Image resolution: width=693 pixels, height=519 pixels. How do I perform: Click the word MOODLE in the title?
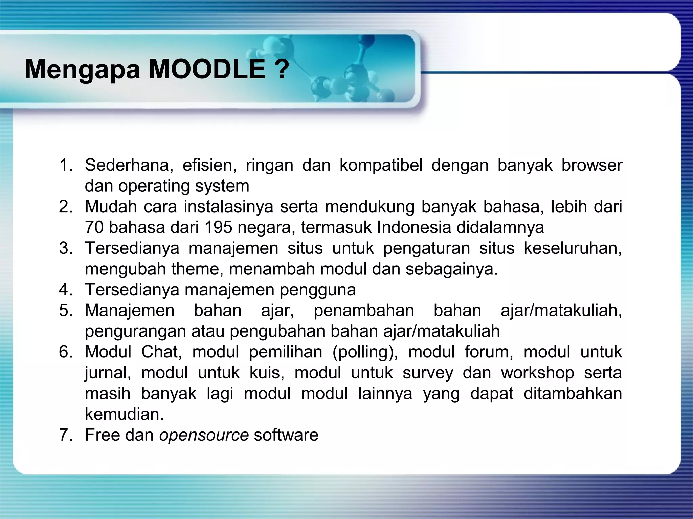207,69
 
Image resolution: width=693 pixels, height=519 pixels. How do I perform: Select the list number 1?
66,165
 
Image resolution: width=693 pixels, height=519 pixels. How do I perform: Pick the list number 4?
66,290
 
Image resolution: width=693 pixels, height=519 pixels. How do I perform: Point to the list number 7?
66,435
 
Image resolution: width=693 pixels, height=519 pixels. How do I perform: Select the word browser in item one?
591,166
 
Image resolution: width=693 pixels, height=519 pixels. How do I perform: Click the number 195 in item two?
218,227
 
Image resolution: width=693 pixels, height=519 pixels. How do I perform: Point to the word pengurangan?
135,332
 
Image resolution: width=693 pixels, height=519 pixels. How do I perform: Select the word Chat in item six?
161,352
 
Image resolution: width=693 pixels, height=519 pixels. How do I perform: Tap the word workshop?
537,373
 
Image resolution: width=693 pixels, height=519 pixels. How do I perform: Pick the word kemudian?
124,414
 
